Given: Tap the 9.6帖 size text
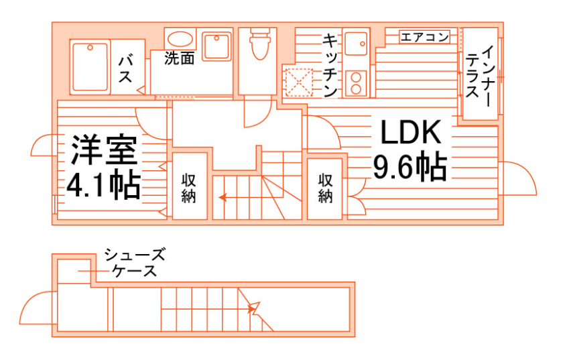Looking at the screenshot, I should click(x=410, y=168).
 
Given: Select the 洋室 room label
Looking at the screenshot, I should click(x=103, y=151).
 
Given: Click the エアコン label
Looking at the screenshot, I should click(x=424, y=37).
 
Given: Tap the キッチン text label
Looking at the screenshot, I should click(x=329, y=65).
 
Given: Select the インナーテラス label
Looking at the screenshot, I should click(x=481, y=74).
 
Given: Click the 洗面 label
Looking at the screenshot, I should click(x=180, y=58).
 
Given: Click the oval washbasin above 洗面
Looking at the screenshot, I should click(x=180, y=38).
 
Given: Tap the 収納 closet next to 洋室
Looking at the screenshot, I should click(x=189, y=187).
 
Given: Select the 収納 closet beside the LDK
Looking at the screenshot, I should click(x=326, y=188).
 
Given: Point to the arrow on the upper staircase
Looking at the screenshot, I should click(x=223, y=198).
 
